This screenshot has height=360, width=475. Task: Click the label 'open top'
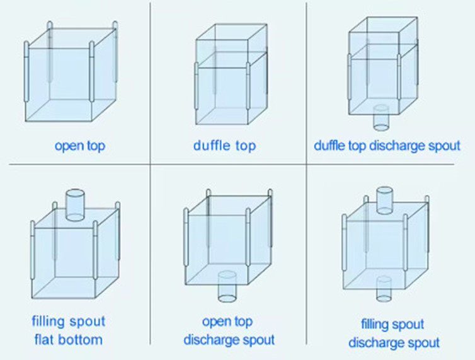click(x=79, y=146)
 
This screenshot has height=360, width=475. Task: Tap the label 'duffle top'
click(x=225, y=146)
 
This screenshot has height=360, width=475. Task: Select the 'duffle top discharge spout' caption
click(x=387, y=146)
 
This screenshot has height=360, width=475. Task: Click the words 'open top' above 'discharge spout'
click(x=229, y=322)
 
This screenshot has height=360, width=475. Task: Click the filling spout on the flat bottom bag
click(x=74, y=204)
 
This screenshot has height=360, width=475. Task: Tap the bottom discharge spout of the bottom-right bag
click(x=384, y=287)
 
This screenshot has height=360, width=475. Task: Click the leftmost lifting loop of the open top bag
click(x=26, y=73)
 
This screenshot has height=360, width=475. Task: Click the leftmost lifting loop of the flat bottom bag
click(x=32, y=249)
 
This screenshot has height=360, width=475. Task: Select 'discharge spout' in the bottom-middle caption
click(x=229, y=340)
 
